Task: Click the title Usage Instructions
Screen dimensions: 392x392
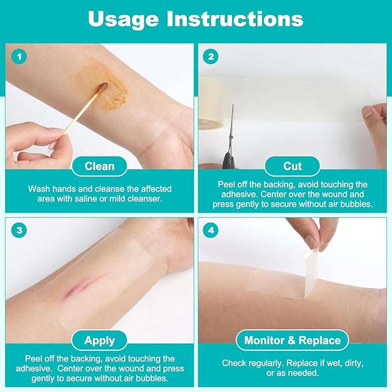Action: pyautogui.click(x=196, y=18)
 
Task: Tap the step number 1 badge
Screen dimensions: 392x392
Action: pyautogui.click(x=20, y=57)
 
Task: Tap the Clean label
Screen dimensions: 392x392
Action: pyautogui.click(x=99, y=166)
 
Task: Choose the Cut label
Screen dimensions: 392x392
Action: pyautogui.click(x=292, y=166)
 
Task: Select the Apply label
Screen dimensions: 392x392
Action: pyautogui.click(x=99, y=341)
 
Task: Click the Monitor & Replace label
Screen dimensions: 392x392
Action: pyautogui.click(x=292, y=341)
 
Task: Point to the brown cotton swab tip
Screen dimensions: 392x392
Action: pyautogui.click(x=102, y=88)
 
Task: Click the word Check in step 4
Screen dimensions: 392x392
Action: pyautogui.click(x=235, y=363)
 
